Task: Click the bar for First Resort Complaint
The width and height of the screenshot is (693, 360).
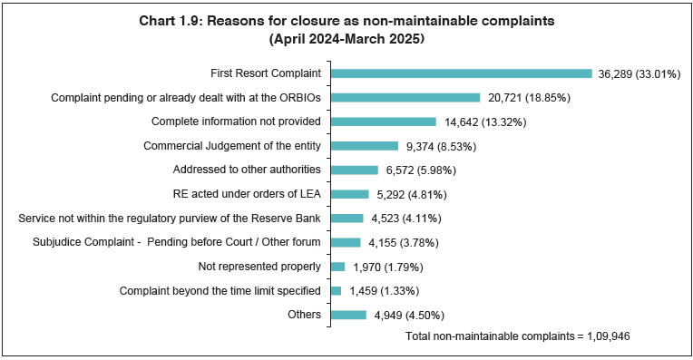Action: pyautogui.click(x=461, y=73)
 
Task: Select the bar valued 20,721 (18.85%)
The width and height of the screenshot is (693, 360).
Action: pyautogui.click(x=405, y=97)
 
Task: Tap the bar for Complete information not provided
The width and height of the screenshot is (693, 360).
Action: pyautogui.click(x=383, y=122)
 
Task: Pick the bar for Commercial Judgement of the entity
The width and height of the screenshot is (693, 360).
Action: pyautogui.click(x=364, y=145)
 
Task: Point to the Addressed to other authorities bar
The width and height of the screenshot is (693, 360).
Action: pyautogui.click(x=354, y=170)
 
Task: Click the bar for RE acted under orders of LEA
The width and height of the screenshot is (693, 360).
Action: pyautogui.click(x=349, y=194)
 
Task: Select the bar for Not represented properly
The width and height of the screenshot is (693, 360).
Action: pyautogui.click(x=337, y=267)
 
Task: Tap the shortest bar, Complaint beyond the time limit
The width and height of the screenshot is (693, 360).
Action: pyautogui.click(x=336, y=290)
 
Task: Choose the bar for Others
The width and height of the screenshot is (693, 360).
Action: pyautogui.click(x=347, y=315)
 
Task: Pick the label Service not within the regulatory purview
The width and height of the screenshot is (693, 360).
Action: pyautogui.click(x=170, y=219)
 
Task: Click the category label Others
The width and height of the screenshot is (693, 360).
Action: pyautogui.click(x=304, y=315)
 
